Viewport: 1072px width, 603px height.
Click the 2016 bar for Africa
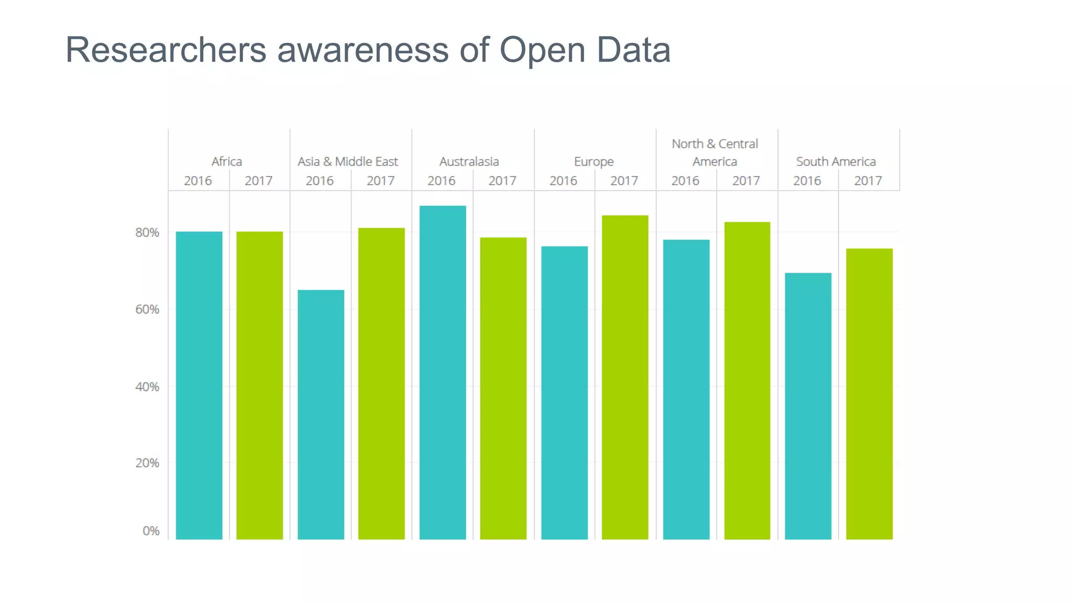click(x=199, y=385)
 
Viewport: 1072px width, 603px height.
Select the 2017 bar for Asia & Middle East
click(x=381, y=383)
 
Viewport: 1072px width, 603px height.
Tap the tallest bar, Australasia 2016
click(x=442, y=372)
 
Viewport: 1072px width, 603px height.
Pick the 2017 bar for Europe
click(x=625, y=377)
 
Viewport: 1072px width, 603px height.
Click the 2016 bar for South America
click(x=808, y=406)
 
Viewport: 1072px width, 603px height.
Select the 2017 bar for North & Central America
click(x=747, y=381)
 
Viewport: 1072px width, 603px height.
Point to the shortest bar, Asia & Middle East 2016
click(x=321, y=414)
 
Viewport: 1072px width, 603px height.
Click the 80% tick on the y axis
click(x=147, y=232)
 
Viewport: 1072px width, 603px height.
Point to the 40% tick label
click(x=147, y=387)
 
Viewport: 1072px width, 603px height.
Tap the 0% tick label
click(x=151, y=531)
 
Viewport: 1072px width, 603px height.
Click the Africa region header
click(x=227, y=161)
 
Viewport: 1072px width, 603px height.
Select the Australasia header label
click(x=469, y=161)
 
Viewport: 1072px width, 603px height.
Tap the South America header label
click(x=836, y=161)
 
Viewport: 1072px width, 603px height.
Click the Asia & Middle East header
click(x=348, y=161)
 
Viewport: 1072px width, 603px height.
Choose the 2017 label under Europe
click(x=624, y=181)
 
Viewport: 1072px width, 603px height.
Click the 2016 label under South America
click(x=807, y=181)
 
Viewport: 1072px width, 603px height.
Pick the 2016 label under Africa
click(x=198, y=181)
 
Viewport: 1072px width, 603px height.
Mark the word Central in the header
click(x=738, y=143)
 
